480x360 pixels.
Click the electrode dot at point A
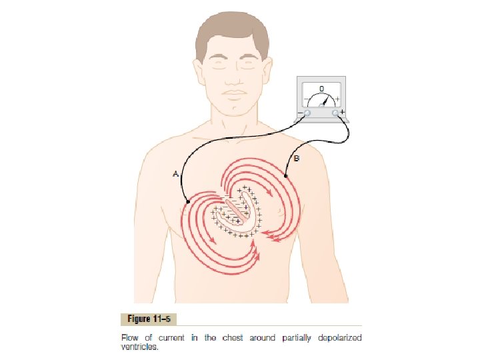(189, 201)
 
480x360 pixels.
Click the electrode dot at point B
(286, 176)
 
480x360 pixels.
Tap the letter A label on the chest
(175, 174)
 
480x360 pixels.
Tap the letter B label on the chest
(297, 158)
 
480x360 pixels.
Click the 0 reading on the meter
(321, 88)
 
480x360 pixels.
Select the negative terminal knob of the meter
(307, 113)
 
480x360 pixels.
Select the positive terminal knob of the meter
(335, 113)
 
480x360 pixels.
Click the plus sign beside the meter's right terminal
(343, 113)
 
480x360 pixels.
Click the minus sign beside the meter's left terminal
(299, 113)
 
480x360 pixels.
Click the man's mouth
(234, 91)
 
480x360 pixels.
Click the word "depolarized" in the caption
(340, 338)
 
